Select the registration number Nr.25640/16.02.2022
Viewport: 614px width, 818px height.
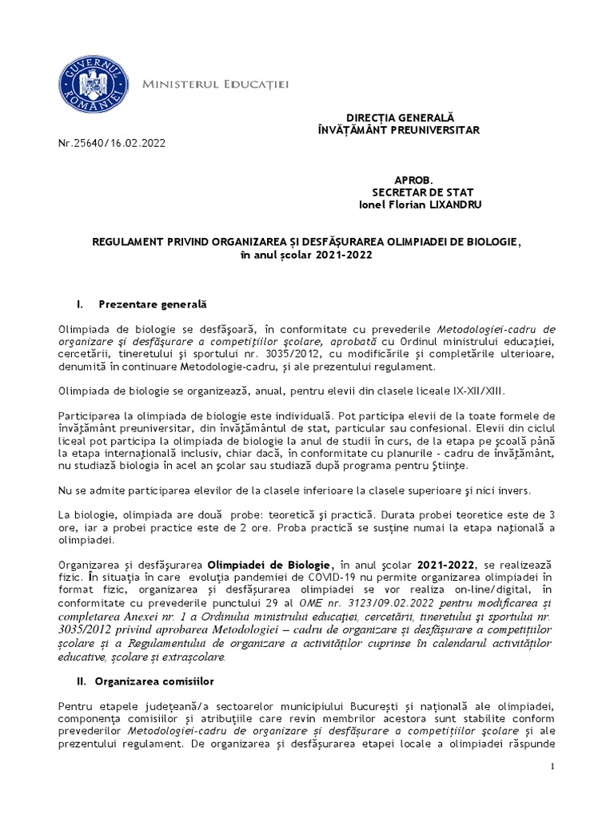113,144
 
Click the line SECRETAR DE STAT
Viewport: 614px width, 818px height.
411,193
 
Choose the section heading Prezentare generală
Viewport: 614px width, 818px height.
152,304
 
